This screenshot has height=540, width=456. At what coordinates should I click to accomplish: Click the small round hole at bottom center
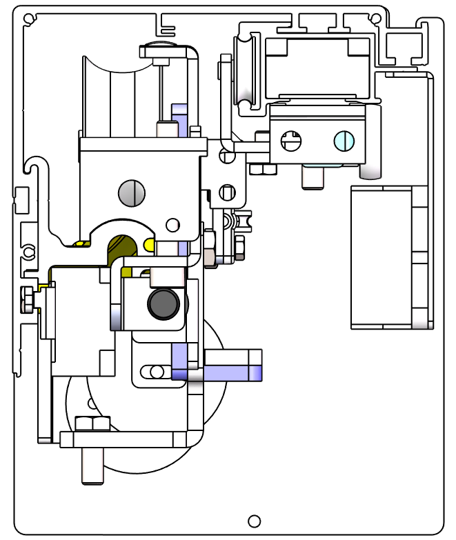(254, 521)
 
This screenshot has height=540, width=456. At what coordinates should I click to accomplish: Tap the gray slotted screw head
(132, 192)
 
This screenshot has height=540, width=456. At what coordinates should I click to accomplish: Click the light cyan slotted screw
(344, 141)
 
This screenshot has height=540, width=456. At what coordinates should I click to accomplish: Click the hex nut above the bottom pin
(92, 423)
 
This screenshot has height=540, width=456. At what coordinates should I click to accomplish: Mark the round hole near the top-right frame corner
(377, 17)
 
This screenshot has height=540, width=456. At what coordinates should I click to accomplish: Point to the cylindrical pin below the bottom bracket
(92, 466)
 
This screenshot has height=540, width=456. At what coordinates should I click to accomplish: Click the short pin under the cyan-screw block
(313, 177)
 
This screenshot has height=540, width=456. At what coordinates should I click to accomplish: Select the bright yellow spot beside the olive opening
(148, 244)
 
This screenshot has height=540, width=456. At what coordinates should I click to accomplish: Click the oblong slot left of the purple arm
(153, 372)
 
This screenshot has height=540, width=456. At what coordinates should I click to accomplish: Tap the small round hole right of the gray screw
(172, 224)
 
